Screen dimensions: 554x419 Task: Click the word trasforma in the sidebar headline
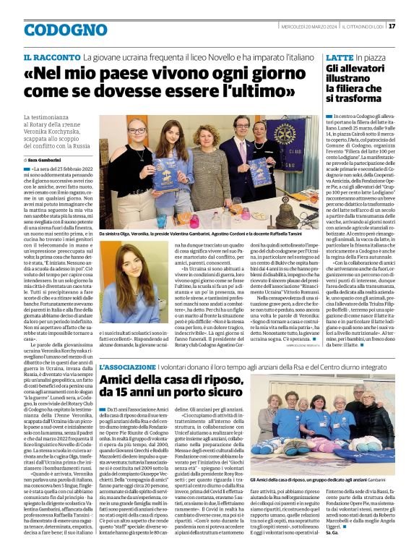click(x=355, y=98)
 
